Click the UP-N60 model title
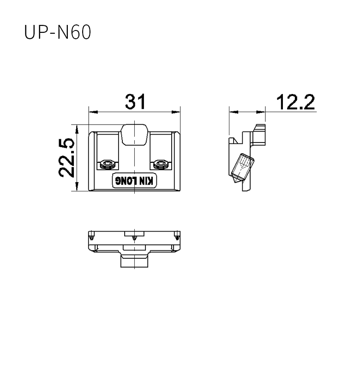point(57,32)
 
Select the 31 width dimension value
point(135,101)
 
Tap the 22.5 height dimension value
point(66,158)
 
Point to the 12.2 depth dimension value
point(295,102)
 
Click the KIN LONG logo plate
point(134,181)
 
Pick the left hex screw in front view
point(108,164)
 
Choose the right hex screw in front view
point(161,164)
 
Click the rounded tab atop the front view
point(134,135)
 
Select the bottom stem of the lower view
point(134,262)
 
